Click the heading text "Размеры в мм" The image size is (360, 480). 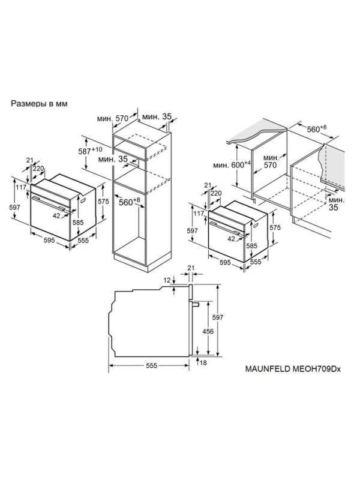click(x=39, y=104)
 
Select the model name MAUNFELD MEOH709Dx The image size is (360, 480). click(x=293, y=369)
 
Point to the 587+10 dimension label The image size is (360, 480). click(x=89, y=151)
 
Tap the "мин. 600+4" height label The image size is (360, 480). click(x=232, y=164)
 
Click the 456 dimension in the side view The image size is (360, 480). click(x=208, y=331)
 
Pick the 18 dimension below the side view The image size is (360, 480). click(x=203, y=363)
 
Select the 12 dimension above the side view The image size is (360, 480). click(x=167, y=280)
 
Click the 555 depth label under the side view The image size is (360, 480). click(x=151, y=365)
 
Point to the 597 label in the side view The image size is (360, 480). click(x=218, y=317)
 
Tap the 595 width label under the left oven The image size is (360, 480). click(x=49, y=240)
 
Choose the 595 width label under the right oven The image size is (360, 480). click(x=225, y=262)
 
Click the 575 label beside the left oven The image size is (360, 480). click(x=103, y=202)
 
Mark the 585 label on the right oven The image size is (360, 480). click(x=251, y=246)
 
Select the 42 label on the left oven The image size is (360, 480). click(x=56, y=216)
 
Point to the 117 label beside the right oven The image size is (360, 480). click(x=199, y=214)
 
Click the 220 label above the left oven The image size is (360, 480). click(x=38, y=169)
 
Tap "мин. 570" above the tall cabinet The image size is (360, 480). click(x=113, y=118)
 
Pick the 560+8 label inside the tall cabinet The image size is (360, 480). click(x=129, y=202)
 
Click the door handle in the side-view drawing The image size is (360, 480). click(x=196, y=304)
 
